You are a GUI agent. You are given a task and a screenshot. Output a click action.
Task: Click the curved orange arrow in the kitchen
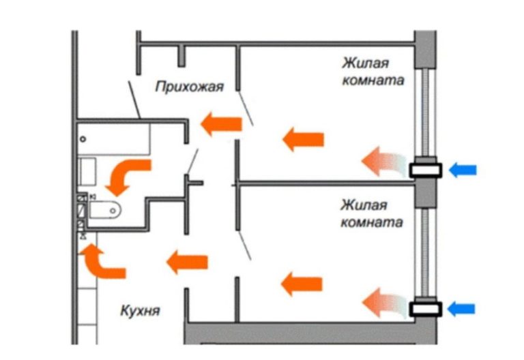pyautogui.click(x=101, y=262)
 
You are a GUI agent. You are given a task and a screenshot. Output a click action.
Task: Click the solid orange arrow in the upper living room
pyautogui.click(x=302, y=140)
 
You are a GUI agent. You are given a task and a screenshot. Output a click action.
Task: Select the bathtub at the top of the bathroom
pyautogui.click(x=113, y=139)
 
